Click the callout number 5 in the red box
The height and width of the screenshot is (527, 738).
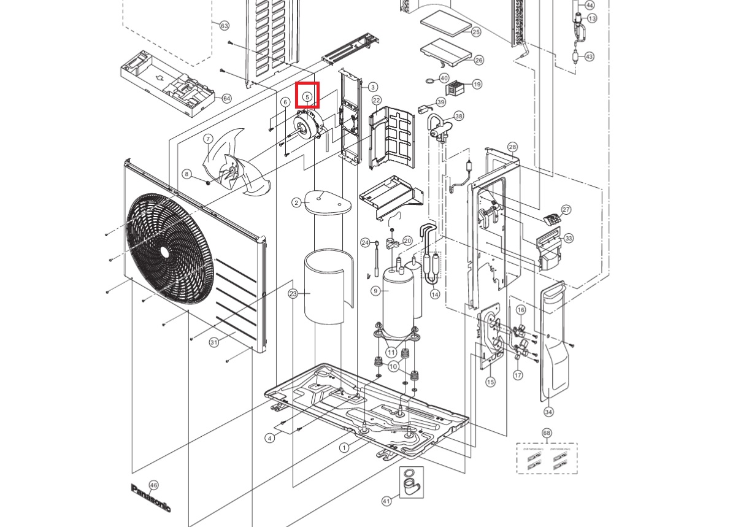[307, 96]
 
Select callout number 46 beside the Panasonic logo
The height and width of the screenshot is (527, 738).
[153, 485]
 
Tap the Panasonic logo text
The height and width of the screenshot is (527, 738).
[151, 498]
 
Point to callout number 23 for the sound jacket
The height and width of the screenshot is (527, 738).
[293, 294]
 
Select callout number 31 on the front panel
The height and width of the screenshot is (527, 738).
[213, 342]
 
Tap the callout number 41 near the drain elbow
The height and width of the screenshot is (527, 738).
[386, 502]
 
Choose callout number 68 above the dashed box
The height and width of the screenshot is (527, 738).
[547, 433]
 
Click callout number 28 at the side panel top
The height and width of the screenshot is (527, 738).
[513, 147]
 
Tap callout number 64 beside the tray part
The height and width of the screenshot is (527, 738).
[226, 98]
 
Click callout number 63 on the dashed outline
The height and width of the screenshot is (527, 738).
[224, 26]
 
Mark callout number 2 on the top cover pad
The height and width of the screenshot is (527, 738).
[297, 202]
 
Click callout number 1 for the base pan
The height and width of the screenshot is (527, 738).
[344, 447]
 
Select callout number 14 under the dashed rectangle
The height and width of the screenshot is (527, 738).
[435, 294]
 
